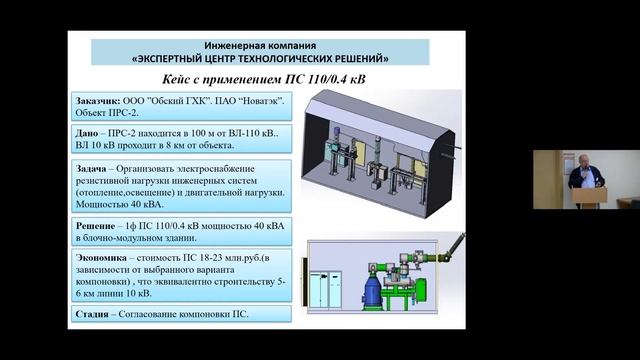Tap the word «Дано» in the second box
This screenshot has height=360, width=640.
pyautogui.click(x=88, y=131)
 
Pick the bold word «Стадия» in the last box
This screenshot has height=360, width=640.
pyautogui.click(x=94, y=315)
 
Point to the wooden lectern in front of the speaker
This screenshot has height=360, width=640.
pyautogui.click(x=589, y=194)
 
